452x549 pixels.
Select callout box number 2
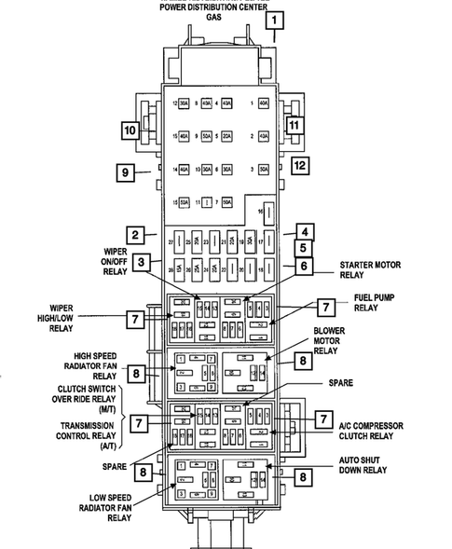click(135, 235)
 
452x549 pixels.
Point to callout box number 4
click(304, 232)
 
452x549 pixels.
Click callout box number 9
click(128, 172)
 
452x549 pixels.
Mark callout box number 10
click(128, 130)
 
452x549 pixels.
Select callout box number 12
click(299, 166)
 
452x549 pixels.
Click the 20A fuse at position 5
click(226, 136)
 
